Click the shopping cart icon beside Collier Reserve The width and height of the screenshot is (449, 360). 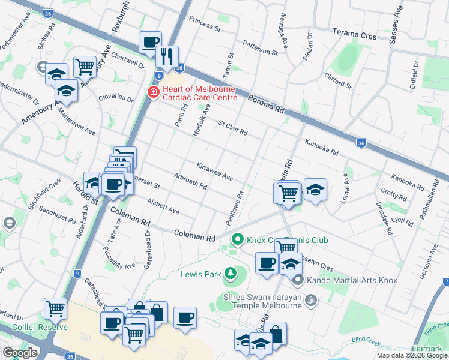point(56,308)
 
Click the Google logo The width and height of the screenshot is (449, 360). point(20,353)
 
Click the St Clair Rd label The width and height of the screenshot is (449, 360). point(233,128)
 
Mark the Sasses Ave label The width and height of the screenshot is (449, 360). point(397,25)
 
